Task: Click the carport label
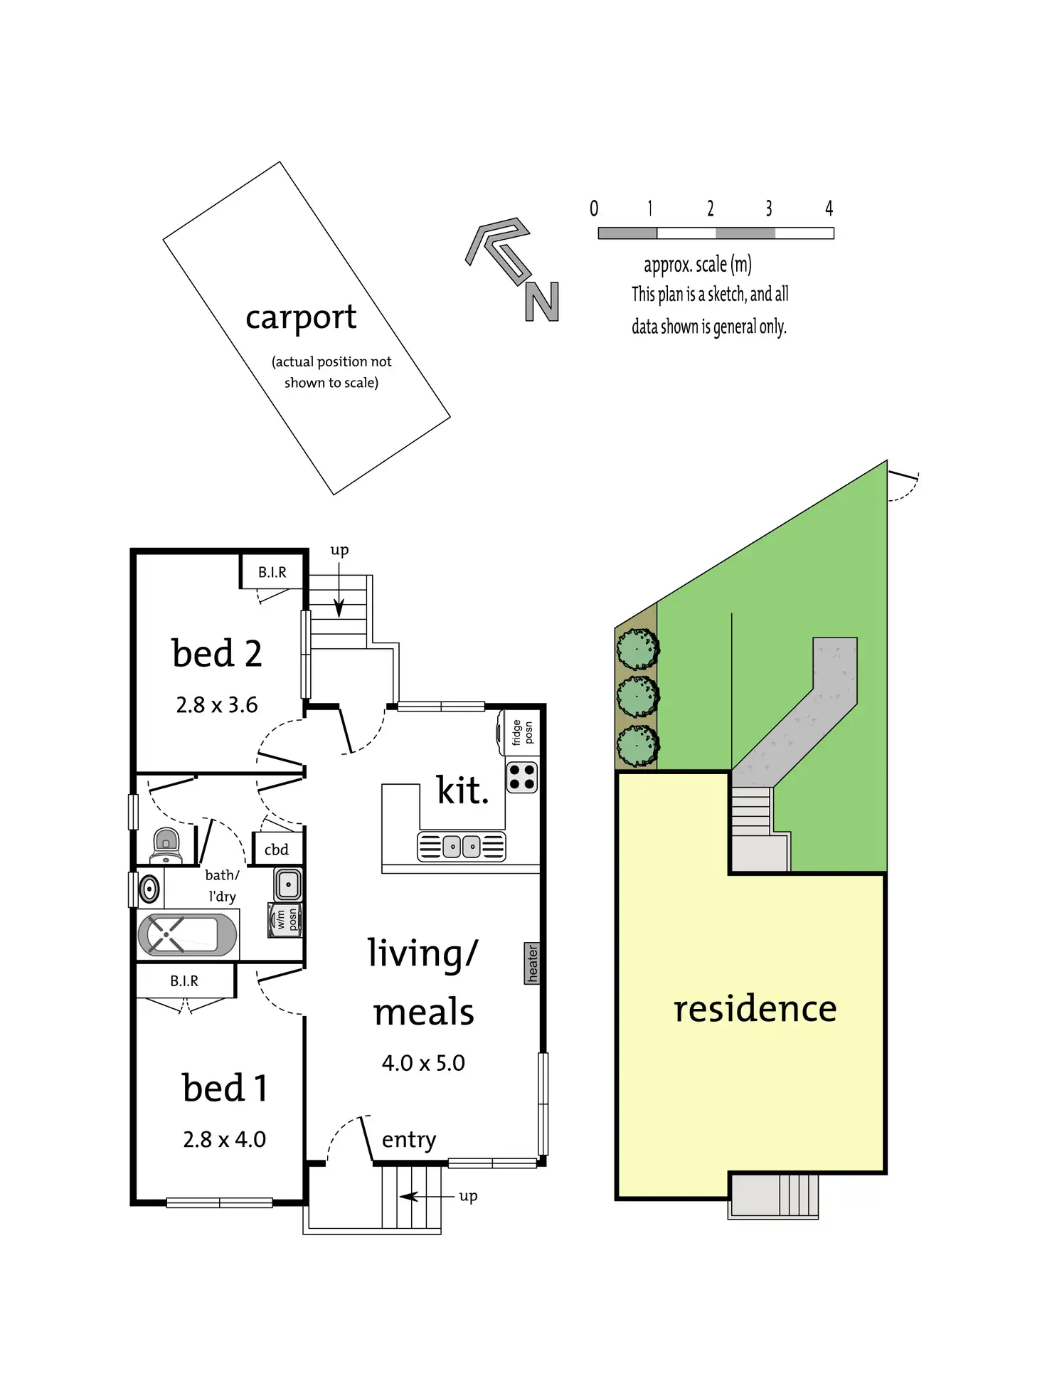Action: pos(301,317)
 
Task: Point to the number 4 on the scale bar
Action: pos(829,208)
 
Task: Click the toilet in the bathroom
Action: pos(166,845)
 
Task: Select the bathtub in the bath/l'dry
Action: pos(187,934)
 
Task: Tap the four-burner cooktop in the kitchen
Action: pos(521,777)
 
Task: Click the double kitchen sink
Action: pos(462,847)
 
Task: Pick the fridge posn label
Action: pos(522,733)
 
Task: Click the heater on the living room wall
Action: pos(532,963)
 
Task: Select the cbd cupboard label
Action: pos(277,850)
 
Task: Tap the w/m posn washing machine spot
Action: pos(286,919)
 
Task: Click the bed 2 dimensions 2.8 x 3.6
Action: pos(217,705)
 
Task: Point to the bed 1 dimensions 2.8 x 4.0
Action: pos(224,1139)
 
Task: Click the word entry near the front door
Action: pos(409,1140)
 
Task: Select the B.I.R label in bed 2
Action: pos(272,573)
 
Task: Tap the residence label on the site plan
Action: pos(755,1009)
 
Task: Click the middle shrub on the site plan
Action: pos(637,697)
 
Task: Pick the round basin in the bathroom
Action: pos(149,889)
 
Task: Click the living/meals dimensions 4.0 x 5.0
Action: pos(423,1063)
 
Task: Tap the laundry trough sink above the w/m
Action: pos(288,884)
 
